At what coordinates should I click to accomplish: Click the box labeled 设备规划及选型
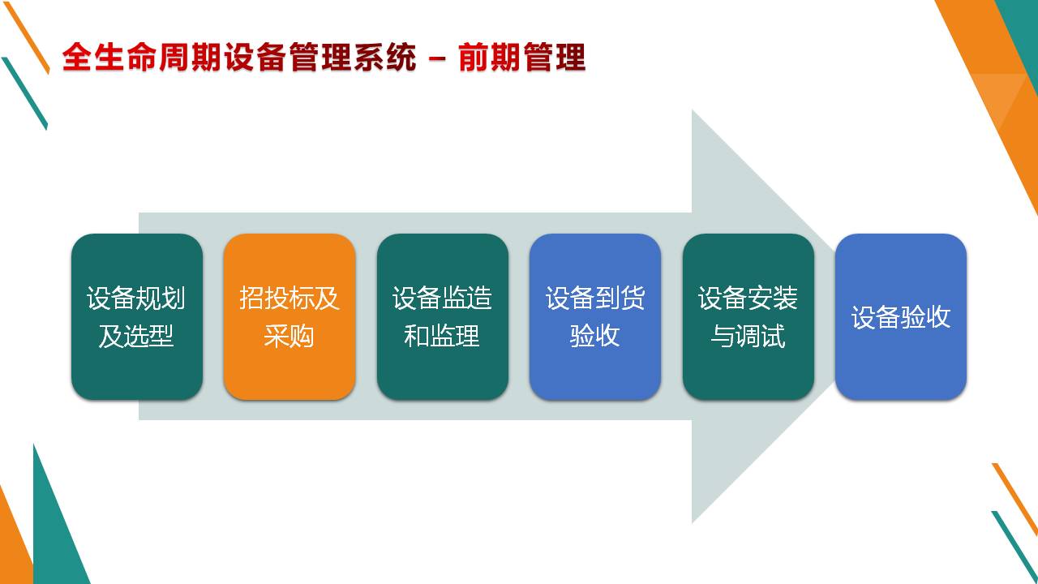pos(137,316)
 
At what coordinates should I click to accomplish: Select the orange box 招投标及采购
pos(290,316)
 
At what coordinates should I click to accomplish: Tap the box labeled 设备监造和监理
pos(443,316)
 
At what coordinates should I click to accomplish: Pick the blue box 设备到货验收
pos(595,316)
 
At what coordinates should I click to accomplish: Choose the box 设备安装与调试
pos(748,316)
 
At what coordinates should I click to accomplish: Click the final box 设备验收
pos(901,316)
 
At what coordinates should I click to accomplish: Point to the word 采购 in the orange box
pos(290,336)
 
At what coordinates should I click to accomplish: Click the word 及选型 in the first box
pos(136,336)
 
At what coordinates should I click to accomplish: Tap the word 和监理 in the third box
pos(442,336)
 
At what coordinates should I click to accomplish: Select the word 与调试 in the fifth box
pos(748,336)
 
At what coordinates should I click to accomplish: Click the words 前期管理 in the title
pos(522,58)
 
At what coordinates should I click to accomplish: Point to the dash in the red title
pos(437,59)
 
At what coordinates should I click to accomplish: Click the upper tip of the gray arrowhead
pos(693,110)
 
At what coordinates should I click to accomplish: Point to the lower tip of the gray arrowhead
pos(693,523)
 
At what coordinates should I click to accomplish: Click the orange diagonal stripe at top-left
pos(27,37)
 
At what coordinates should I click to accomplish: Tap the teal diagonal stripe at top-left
pos(24,93)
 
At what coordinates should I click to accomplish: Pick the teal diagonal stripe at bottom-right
pos(1014,547)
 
